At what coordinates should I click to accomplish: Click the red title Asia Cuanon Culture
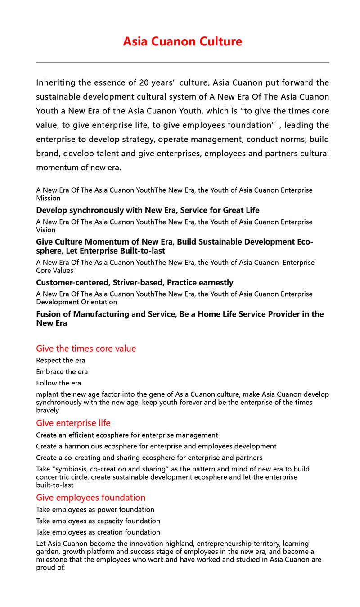182,42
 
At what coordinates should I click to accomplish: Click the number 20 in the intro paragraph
144,82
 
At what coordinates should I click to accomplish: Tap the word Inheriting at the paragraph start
55,82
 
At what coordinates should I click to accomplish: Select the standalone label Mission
48,198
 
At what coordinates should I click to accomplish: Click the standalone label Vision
45,230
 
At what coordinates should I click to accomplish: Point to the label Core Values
54,270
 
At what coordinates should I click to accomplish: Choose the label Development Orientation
76,302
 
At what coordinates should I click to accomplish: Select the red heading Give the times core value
86,349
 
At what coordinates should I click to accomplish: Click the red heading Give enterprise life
73,423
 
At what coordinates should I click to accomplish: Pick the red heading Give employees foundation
90,498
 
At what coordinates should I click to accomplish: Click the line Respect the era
60,360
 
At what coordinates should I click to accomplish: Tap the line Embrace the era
62,371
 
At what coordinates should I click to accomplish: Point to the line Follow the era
58,383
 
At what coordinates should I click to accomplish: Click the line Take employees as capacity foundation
98,521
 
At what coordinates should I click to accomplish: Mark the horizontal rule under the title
182,62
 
